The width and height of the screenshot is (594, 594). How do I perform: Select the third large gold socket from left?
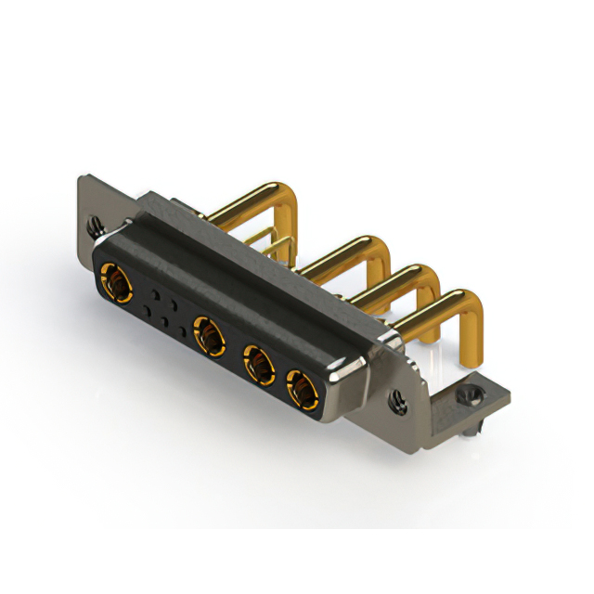(x=259, y=363)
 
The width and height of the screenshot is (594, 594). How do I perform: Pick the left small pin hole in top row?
(x=154, y=291)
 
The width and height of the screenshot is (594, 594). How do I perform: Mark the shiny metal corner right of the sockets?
(x=335, y=376)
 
